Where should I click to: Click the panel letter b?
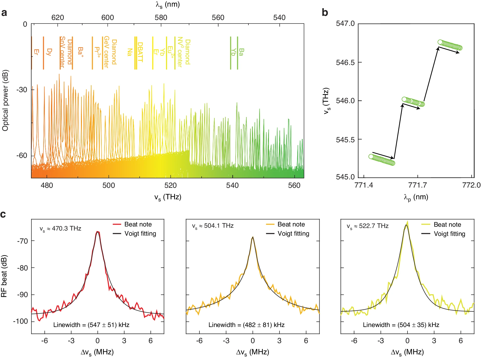coord(325,13)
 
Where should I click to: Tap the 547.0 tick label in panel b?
coord(345,24)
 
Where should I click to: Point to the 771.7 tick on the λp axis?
coord(417,185)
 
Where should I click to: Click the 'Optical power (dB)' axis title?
coord(5,100)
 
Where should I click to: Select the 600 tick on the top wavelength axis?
coord(108,18)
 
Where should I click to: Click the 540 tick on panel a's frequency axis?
coord(232,185)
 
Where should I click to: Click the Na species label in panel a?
coord(130,52)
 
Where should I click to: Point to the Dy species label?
coord(49,52)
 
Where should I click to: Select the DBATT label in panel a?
coord(140,52)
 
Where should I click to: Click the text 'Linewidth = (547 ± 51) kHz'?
coord(91,325)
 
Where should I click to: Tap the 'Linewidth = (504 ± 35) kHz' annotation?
coord(401,325)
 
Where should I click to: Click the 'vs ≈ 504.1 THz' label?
coord(213,226)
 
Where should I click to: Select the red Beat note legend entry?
coord(132,224)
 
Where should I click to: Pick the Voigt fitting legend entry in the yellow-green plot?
coord(443,234)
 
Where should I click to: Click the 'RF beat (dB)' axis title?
coord(4,276)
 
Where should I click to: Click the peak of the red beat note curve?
coord(98,232)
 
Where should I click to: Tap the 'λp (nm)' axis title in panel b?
coord(416,197)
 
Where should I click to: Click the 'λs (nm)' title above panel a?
coord(168,5)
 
